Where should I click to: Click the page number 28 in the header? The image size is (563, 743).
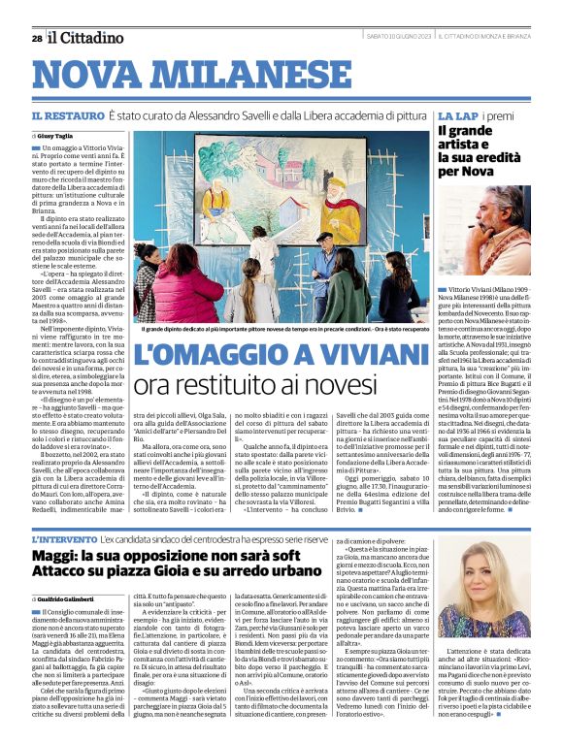36,39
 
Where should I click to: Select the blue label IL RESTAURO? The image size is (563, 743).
65,115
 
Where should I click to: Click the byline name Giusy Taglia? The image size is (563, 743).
56,137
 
